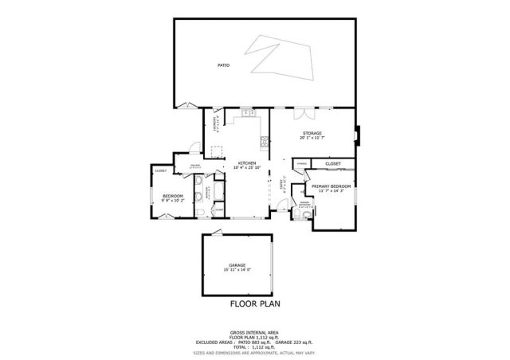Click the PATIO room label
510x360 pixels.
[x=224, y=65]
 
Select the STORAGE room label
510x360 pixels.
[x=312, y=133]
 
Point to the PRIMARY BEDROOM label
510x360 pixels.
[x=332, y=186]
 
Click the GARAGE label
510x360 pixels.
[x=237, y=265]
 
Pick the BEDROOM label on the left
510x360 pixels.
[x=173, y=196]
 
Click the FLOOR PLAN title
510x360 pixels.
[x=255, y=303]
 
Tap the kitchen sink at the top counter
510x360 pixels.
[x=247, y=116]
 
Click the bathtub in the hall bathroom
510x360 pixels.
[x=218, y=192]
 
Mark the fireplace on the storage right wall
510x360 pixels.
[x=358, y=135]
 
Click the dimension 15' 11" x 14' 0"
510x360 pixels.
[x=237, y=270]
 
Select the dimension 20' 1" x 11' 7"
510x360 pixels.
[x=312, y=138]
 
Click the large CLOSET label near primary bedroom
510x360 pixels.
[x=333, y=163]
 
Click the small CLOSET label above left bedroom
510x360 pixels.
[x=161, y=170]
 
